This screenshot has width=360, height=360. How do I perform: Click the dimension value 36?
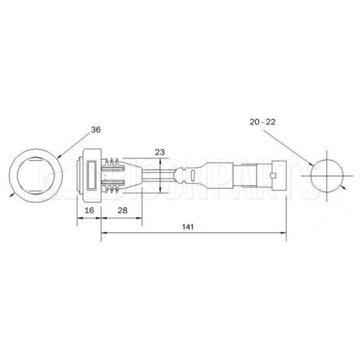[x=96, y=130]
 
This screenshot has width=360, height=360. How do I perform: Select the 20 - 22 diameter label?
[x=262, y=122]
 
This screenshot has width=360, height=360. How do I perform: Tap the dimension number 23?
[x=160, y=152]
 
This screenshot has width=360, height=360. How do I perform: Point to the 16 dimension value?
[x=89, y=210]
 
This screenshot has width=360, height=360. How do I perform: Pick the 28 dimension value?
[x=122, y=210]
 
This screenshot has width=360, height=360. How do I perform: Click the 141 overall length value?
[x=188, y=227]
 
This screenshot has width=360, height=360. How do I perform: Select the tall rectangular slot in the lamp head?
[x=91, y=176]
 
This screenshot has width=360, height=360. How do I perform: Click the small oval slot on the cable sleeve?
[x=193, y=175]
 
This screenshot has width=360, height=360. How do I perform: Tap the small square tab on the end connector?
[x=273, y=176]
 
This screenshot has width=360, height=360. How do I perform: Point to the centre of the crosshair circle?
[x=327, y=176]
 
